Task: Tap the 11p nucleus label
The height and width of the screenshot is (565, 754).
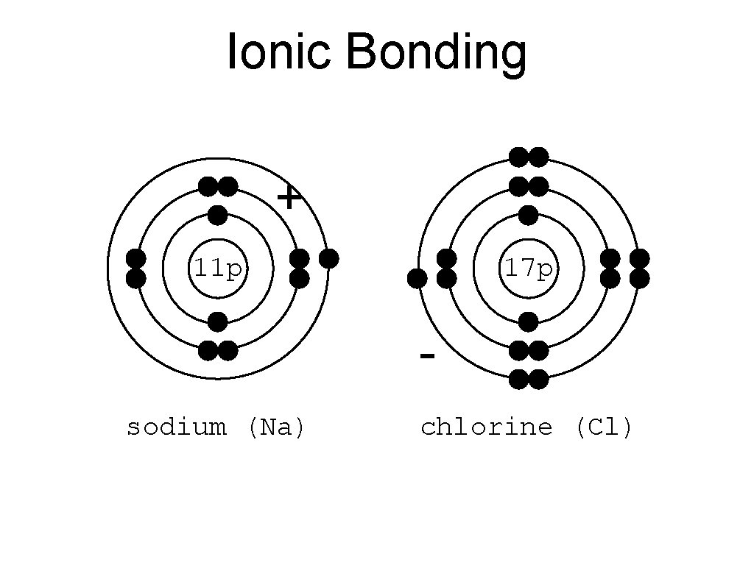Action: tap(217, 269)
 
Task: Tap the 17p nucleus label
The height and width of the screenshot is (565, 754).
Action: tap(528, 269)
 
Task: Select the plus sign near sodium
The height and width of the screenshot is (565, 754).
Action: tap(289, 197)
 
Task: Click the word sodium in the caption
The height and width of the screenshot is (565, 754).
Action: tap(176, 427)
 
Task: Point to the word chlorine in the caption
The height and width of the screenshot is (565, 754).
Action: tap(486, 427)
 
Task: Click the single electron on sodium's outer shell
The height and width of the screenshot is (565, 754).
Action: tap(329, 258)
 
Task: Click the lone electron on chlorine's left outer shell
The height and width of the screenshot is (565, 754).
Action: tap(417, 279)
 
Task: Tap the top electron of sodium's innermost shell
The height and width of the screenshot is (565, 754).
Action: tap(217, 216)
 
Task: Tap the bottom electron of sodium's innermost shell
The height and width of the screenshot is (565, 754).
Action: tap(217, 321)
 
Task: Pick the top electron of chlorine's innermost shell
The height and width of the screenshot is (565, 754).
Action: tap(528, 216)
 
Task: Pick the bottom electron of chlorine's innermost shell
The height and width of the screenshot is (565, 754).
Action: tap(528, 321)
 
